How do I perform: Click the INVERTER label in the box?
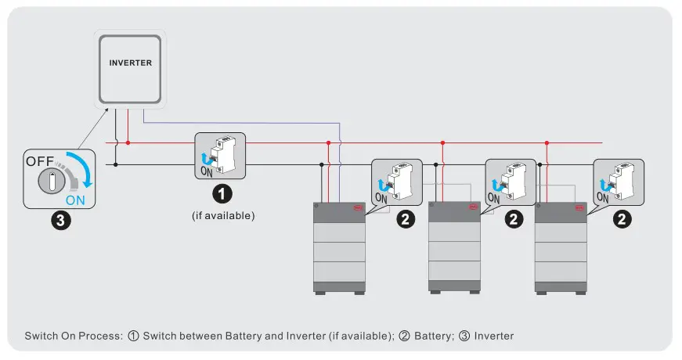pyautogui.click(x=131, y=63)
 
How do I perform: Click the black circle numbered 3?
pyautogui.click(x=60, y=221)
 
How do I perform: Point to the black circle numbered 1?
pyautogui.click(x=223, y=192)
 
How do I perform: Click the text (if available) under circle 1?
pyautogui.click(x=223, y=214)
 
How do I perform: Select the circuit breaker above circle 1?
pyautogui.click(x=221, y=157)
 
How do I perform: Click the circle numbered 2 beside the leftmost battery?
pyautogui.click(x=405, y=220)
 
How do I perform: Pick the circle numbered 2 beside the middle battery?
pyautogui.click(x=513, y=220)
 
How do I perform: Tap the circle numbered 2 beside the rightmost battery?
pyautogui.click(x=621, y=220)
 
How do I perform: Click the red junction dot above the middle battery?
pyautogui.click(x=442, y=143)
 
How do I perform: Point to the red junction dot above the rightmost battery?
pyautogui.click(x=547, y=143)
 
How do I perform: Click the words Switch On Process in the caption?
pyautogui.click(x=73, y=336)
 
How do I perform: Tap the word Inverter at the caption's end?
pyautogui.click(x=494, y=336)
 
